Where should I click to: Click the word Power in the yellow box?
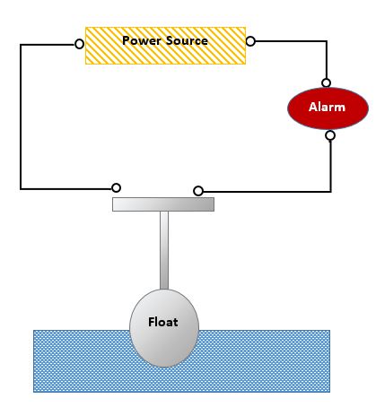point(139,41)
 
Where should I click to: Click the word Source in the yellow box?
point(186,41)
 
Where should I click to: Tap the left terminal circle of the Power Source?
point(80,43)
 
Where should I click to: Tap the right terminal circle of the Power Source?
point(250,41)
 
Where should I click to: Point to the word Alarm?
point(327,108)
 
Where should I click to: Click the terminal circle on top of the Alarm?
point(327,82)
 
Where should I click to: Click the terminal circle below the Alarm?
point(330,136)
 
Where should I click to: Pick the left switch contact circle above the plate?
point(116,187)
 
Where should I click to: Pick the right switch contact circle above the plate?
point(198,190)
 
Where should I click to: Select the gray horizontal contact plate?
point(162,204)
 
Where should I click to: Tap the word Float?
point(162,322)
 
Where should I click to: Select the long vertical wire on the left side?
point(21,117)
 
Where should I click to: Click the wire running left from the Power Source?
point(49,43)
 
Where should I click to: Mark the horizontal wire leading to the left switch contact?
point(67,188)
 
